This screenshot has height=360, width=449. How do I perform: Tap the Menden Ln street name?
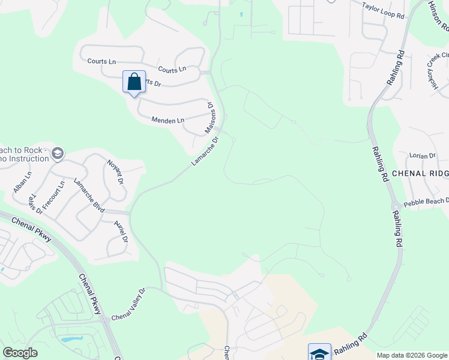pyautogui.click(x=167, y=121)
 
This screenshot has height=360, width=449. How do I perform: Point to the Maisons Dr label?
pyautogui.click(x=210, y=118)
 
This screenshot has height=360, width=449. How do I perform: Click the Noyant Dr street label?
pyautogui.click(x=115, y=172)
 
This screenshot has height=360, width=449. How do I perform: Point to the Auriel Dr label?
pyautogui.click(x=121, y=230)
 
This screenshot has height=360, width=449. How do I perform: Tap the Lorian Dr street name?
pyautogui.click(x=422, y=156)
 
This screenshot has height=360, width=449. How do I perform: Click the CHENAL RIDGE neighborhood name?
pyautogui.click(x=420, y=173)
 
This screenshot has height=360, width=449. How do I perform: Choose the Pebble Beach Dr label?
pyautogui.click(x=426, y=202)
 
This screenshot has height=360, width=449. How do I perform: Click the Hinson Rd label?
pyautogui.click(x=438, y=15)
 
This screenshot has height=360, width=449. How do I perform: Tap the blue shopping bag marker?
pyautogui.click(x=134, y=82)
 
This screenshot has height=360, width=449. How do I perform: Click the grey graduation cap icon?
pyautogui.click(x=58, y=154)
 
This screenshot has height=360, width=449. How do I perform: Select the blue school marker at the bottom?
pyautogui.click(x=319, y=353)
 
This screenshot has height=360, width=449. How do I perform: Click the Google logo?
pyautogui.click(x=20, y=353)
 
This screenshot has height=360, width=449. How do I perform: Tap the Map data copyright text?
pyautogui.click(x=411, y=355)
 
